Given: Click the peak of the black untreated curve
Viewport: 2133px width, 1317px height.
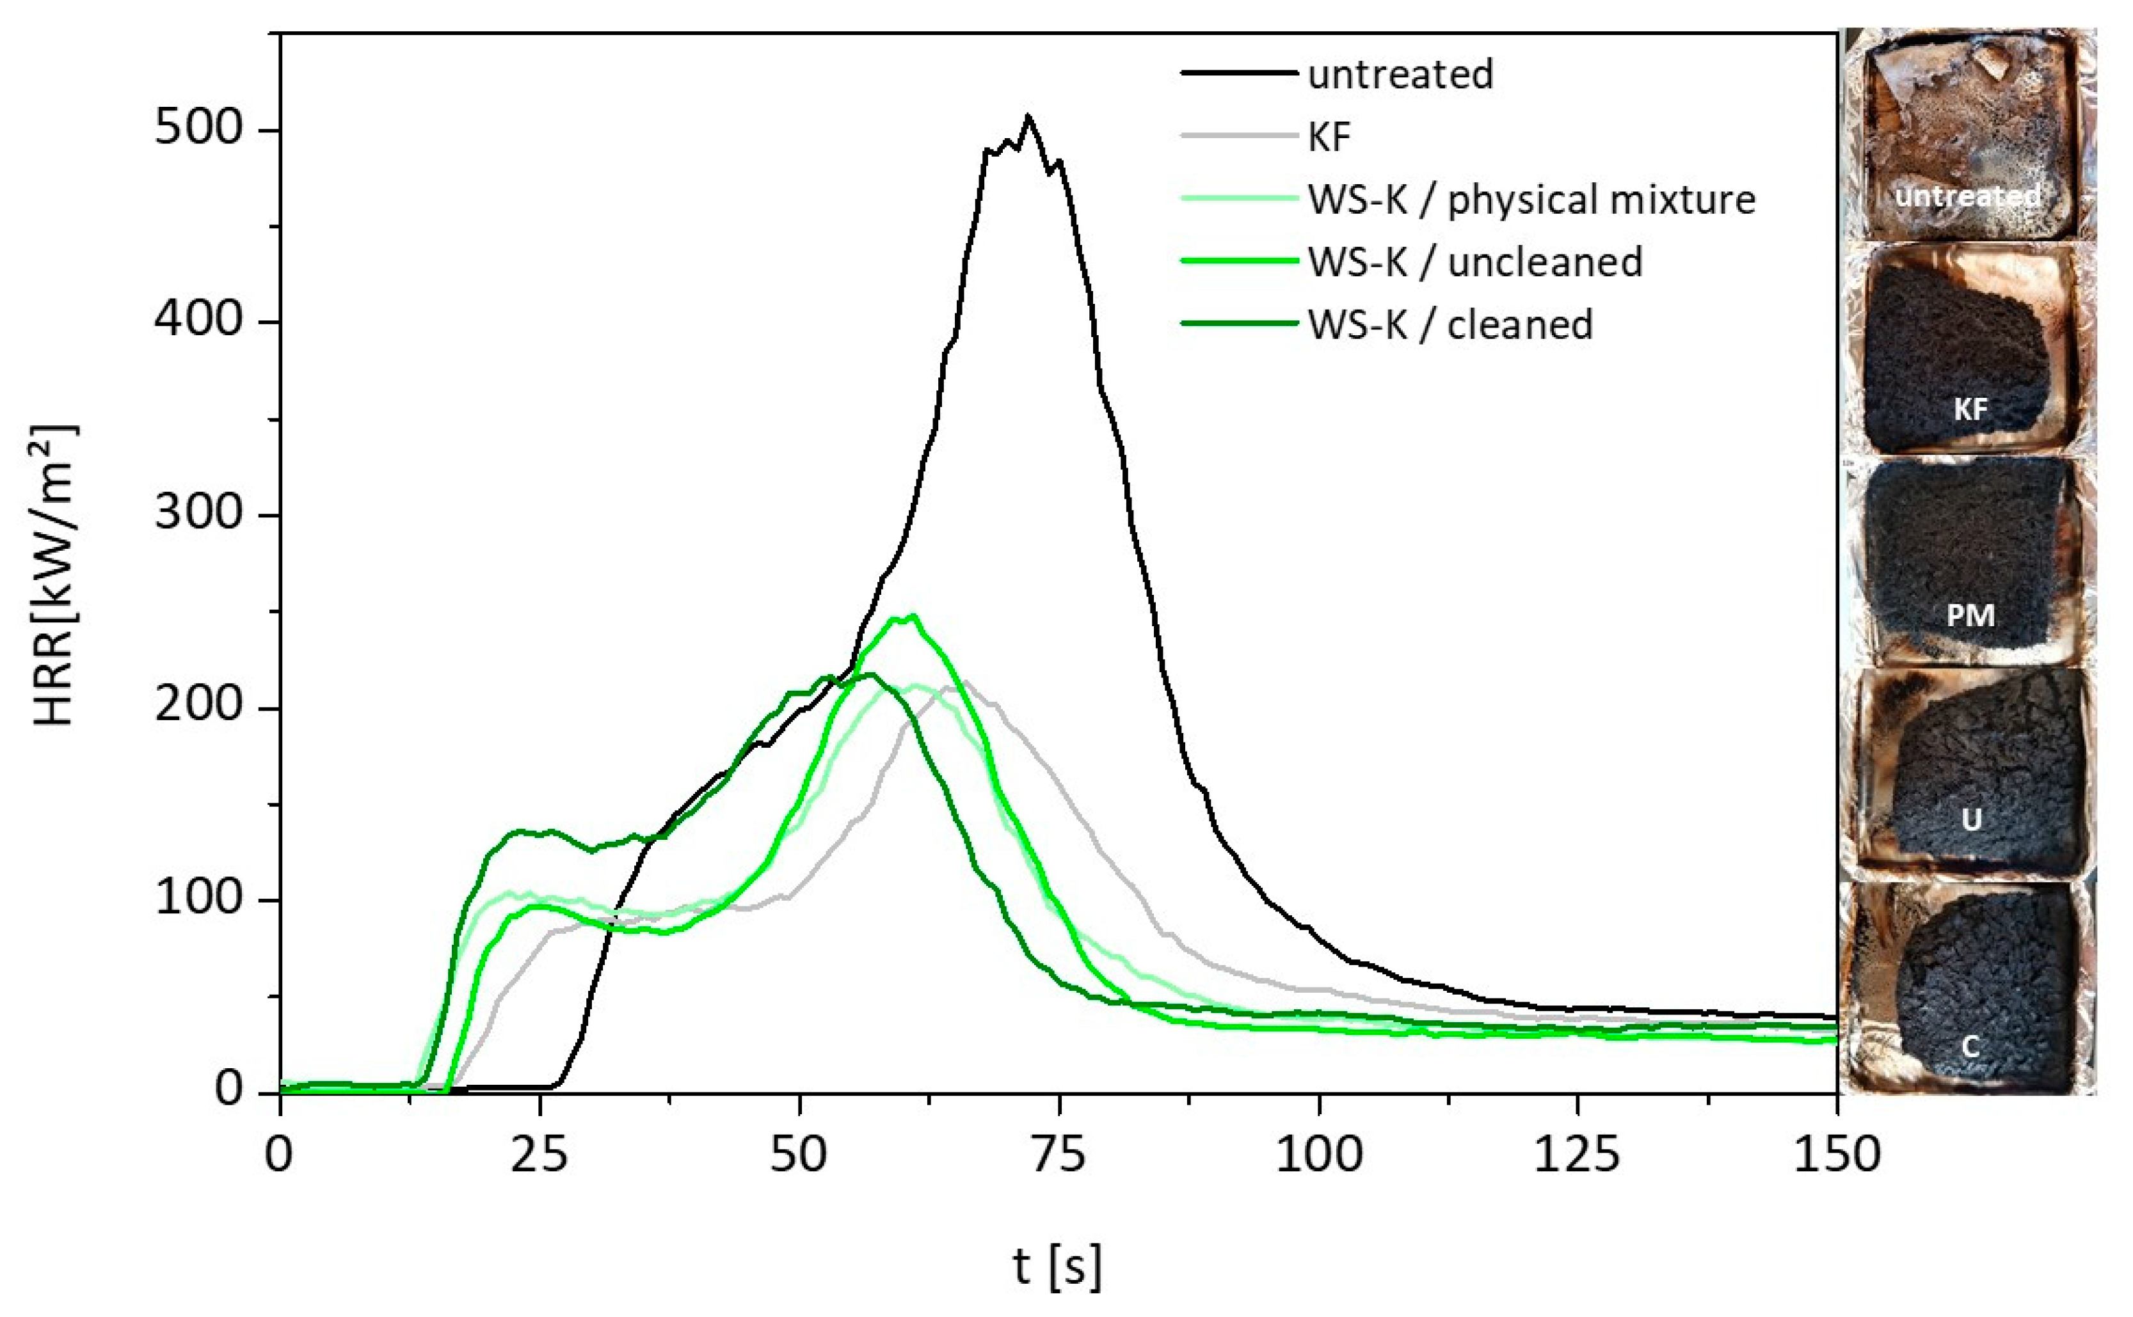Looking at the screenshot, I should pos(1028,116).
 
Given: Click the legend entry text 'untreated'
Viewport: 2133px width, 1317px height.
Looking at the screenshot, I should pos(1400,74).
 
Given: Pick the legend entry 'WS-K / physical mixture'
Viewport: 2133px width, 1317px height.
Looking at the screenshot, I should pos(1531,200).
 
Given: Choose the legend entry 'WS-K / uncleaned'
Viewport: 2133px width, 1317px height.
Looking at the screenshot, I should pos(1474,262).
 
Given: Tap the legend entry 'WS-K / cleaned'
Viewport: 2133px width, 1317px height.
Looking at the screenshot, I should pos(1450,325).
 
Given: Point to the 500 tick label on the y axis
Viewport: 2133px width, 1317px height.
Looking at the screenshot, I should pos(198,129).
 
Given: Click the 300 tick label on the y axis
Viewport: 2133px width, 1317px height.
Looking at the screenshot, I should pos(198,513).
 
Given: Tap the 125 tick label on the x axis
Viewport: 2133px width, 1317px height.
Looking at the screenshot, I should pos(1577,1155).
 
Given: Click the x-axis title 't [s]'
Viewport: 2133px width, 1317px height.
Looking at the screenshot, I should pos(1058,1266).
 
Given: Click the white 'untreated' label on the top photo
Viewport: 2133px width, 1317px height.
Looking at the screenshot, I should pos(1967,196).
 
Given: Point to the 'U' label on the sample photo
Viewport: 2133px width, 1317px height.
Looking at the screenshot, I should pos(1971,819).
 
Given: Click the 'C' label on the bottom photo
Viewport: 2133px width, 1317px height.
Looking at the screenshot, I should pos(1971,1046).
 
